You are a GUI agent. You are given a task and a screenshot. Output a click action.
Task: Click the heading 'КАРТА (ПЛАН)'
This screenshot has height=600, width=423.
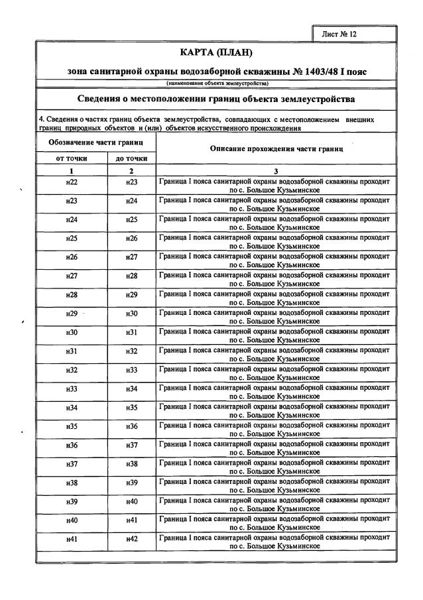coord(217,52)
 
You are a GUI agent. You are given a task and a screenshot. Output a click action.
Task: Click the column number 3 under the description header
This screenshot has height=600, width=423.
coord(276,170)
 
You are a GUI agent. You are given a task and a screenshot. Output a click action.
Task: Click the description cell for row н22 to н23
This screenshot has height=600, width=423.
coord(276,185)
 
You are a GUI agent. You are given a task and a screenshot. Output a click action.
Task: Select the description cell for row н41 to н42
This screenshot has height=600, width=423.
coord(276,542)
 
